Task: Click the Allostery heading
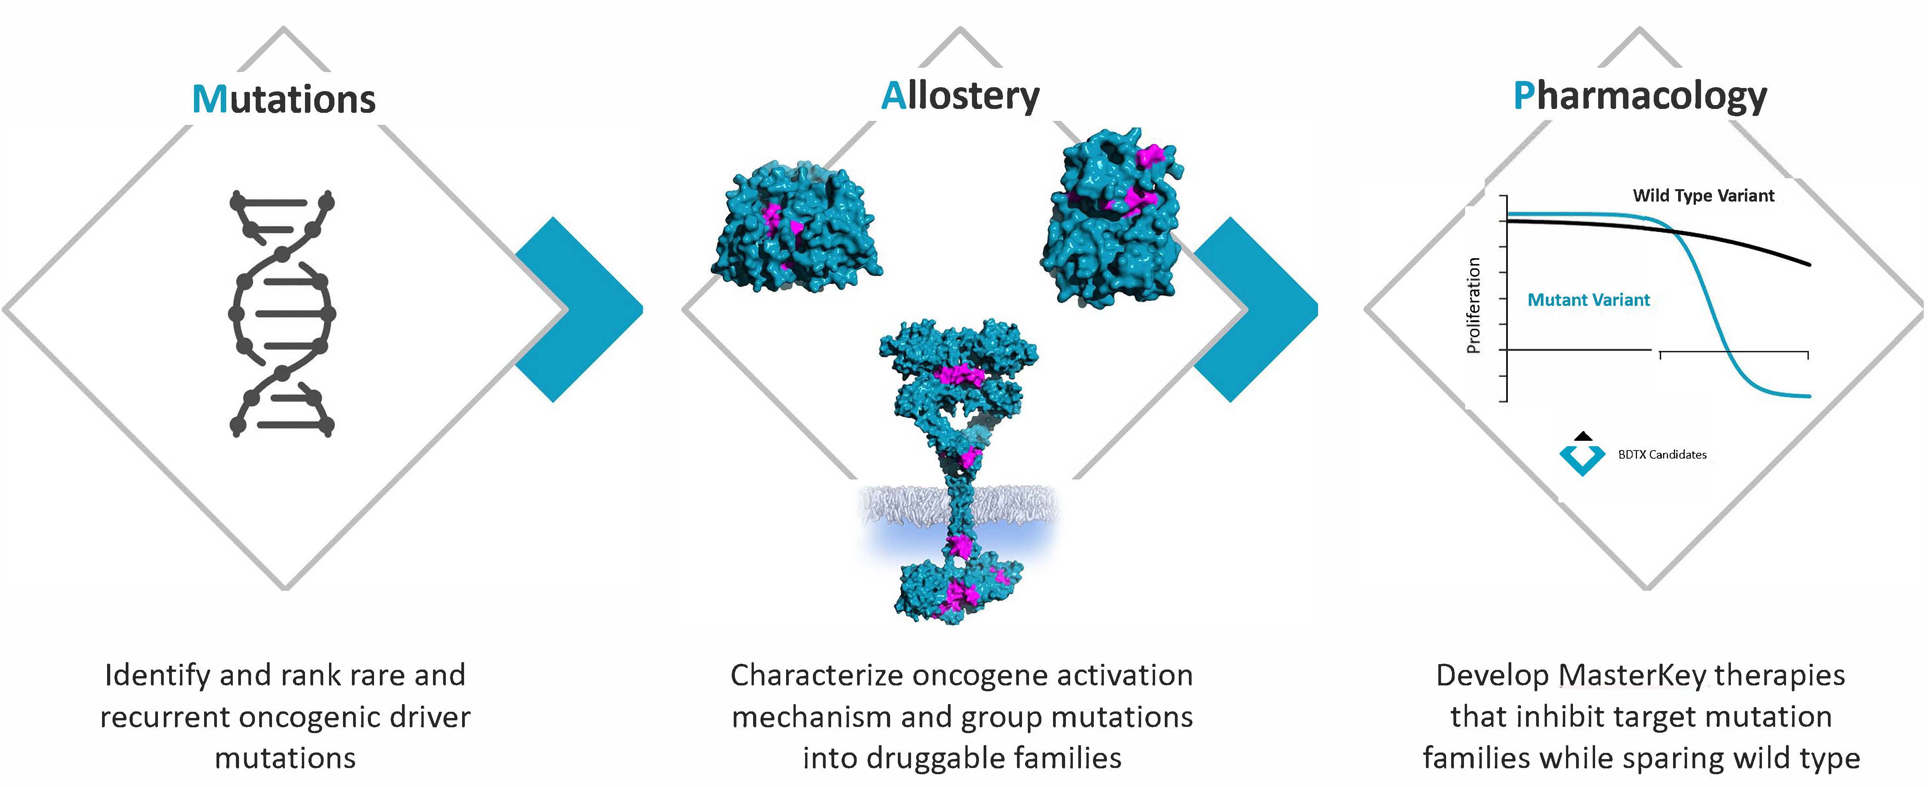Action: click(x=960, y=96)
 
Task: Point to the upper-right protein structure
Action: click(x=1112, y=217)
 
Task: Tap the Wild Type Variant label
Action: click(x=1703, y=196)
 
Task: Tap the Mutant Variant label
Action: click(x=1588, y=300)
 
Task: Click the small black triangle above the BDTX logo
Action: click(x=1583, y=436)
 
